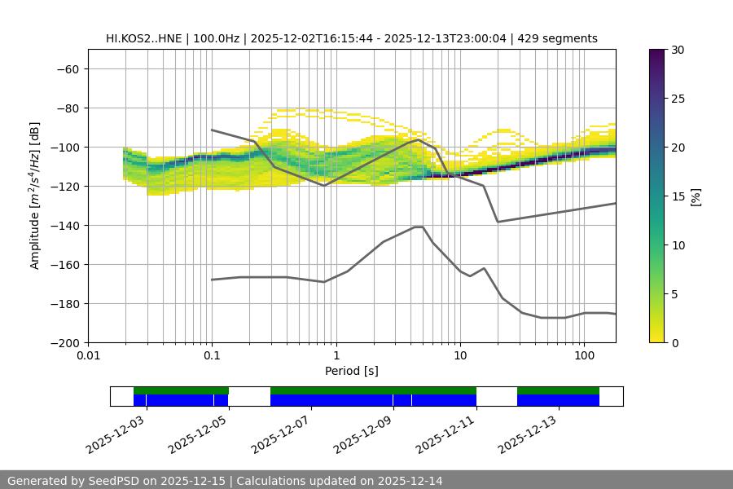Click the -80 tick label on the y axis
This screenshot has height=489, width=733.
tap(67, 108)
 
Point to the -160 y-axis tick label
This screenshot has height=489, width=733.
tap(64, 265)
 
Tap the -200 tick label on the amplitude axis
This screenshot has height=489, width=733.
tap(64, 343)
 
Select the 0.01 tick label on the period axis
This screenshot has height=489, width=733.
tap(88, 356)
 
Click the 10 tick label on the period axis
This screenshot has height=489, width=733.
tap(460, 356)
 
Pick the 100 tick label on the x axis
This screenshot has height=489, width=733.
tap(584, 356)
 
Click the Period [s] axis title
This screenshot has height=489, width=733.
tap(352, 372)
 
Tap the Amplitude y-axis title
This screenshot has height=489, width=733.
tap(35, 196)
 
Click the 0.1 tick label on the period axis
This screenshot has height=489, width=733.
tap(212, 356)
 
